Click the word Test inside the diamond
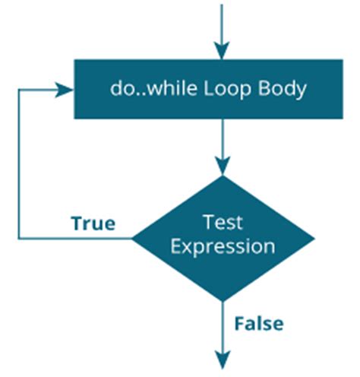(223, 222)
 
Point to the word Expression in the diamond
(223, 246)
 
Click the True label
(93, 223)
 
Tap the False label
(258, 324)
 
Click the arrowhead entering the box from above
(222, 52)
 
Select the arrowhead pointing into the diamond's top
(222, 166)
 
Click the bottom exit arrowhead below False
(222, 360)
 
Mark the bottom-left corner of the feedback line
(18, 239)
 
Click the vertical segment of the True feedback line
(18, 163)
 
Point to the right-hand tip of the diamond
(313, 239)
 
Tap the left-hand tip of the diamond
(132, 239)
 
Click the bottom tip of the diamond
(222, 301)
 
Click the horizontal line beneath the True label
(76, 239)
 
